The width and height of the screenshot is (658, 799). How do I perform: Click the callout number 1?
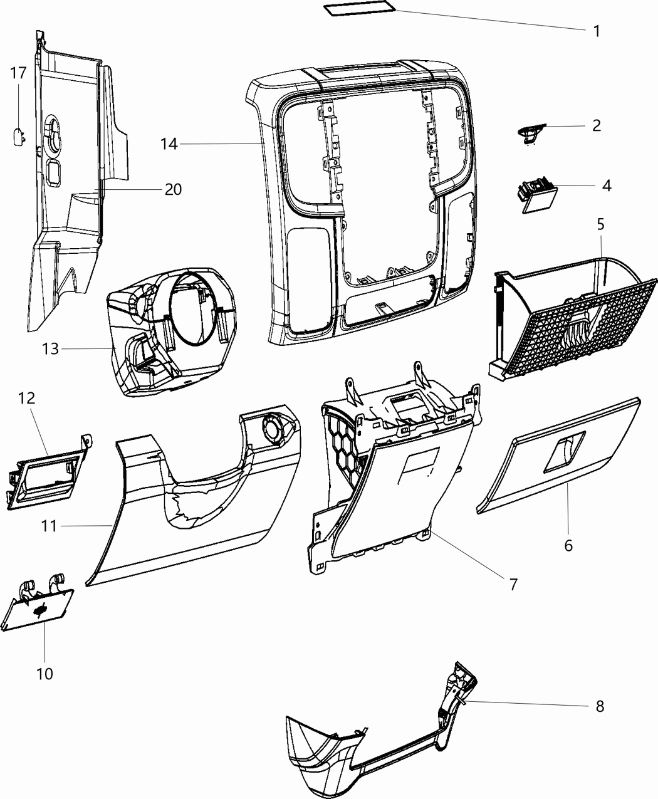pyautogui.click(x=596, y=31)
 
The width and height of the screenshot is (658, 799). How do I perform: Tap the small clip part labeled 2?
pyautogui.click(x=530, y=133)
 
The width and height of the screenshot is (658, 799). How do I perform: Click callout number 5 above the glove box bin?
pyautogui.click(x=600, y=223)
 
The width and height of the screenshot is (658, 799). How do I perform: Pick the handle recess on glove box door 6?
pyautogui.click(x=562, y=453)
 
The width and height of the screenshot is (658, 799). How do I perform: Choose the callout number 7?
pyautogui.click(x=513, y=584)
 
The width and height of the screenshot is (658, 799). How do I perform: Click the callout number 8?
pyautogui.click(x=600, y=706)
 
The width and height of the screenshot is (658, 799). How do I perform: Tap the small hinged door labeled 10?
pyautogui.click(x=39, y=607)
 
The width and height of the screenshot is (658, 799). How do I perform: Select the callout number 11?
pyautogui.click(x=50, y=526)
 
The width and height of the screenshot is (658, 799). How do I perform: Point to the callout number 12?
pyautogui.click(x=26, y=398)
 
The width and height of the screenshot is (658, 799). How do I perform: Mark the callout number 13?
pyautogui.click(x=50, y=348)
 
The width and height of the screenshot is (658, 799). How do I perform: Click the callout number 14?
pyautogui.click(x=169, y=144)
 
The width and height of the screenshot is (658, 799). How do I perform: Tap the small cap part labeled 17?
pyautogui.click(x=19, y=135)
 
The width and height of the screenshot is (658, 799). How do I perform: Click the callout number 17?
pyautogui.click(x=18, y=73)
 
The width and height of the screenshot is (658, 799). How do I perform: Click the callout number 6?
pyautogui.click(x=568, y=545)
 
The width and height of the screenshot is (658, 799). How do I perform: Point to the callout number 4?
pyautogui.click(x=606, y=185)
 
